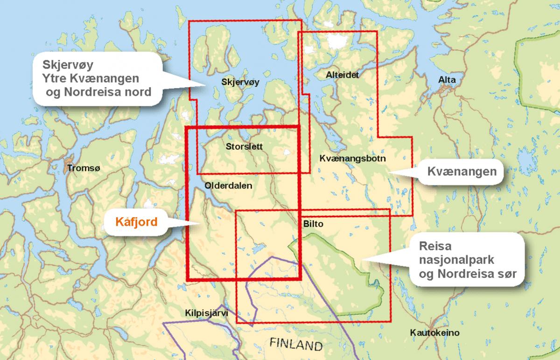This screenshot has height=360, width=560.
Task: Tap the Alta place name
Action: pos(447,80)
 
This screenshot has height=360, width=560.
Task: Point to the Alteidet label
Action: pos(343,74)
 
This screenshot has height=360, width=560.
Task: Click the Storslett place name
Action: pos(244,146)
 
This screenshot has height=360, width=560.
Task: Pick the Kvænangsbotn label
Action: pos(352,159)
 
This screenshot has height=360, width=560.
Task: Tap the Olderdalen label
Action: pos(228,185)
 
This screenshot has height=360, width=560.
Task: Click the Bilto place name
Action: pos(313,224)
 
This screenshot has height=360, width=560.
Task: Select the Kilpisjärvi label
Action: pos(206,313)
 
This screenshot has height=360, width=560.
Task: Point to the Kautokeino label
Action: pos(434,333)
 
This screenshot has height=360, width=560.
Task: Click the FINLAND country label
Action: pos(296,346)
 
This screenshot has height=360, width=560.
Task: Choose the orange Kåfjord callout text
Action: pos(136,222)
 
